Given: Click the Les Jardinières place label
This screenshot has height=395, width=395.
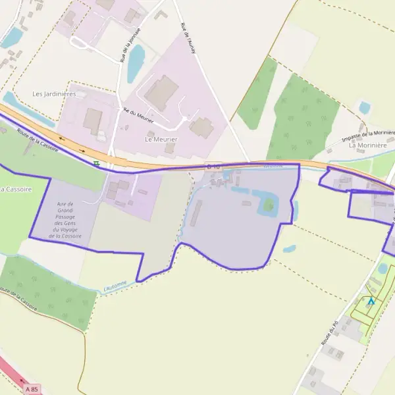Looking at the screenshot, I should (x=54, y=94).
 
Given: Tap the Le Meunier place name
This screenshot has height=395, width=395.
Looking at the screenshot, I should (x=161, y=140).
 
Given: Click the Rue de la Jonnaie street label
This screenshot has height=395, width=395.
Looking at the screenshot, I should (x=124, y=47).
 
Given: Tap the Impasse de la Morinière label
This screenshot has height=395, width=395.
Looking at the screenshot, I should (x=369, y=136).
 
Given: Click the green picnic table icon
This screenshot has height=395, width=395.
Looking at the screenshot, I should (x=97, y=163).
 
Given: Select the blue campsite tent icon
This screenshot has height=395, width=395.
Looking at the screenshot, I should (x=371, y=302).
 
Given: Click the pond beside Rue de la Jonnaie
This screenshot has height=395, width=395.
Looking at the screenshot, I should (x=136, y=63).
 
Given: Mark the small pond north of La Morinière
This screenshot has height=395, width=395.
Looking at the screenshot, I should (x=364, y=107).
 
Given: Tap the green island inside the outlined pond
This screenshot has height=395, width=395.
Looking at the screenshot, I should (x=269, y=205).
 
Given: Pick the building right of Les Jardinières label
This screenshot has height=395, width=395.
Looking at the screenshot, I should (x=93, y=120).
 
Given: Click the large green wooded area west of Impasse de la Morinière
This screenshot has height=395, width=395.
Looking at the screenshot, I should (x=303, y=118).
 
